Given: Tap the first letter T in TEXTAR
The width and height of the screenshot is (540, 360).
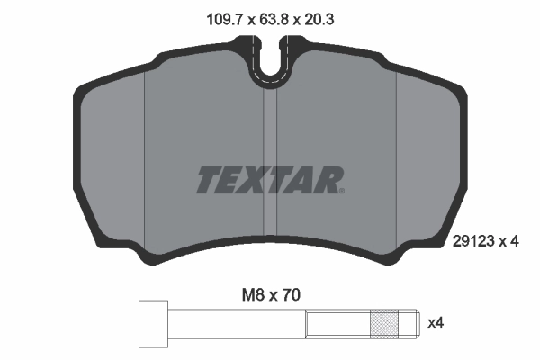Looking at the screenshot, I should pyautogui.click(x=208, y=180).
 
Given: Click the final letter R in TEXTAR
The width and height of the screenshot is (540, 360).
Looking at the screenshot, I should pyautogui.click(x=329, y=180).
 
